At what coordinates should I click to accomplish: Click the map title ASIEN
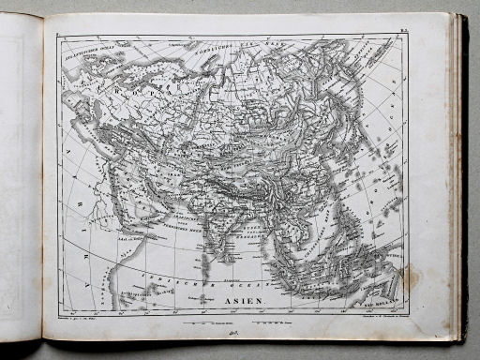pos(246,302)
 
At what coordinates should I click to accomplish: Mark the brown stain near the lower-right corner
pos(407,277)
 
